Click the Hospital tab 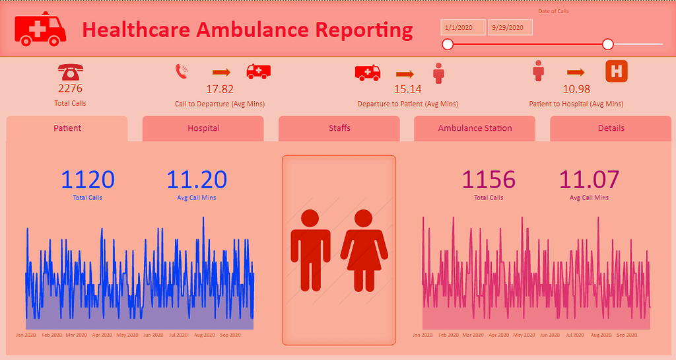click(203, 128)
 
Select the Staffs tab click(339, 128)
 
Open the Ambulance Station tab click(475, 128)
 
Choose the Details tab click(611, 128)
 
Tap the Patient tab click(67, 128)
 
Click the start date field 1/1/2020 click(463, 27)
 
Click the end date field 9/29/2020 click(510, 27)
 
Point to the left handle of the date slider click(448, 44)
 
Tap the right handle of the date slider click(608, 44)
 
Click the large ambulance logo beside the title click(40, 29)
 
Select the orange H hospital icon click(616, 71)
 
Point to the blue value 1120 click(88, 180)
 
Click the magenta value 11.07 click(589, 180)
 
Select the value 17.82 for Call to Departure click(220, 89)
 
